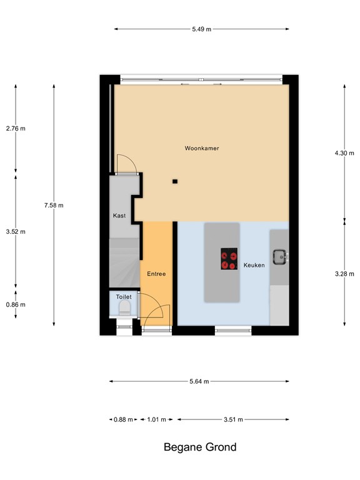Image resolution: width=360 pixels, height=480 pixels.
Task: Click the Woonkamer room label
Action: pos(201,148)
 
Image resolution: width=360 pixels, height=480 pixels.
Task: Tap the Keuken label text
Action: pos(254,265)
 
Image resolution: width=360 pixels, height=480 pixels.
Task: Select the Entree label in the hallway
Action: pos(156,274)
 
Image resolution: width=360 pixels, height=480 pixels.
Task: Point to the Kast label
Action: pos(119,216)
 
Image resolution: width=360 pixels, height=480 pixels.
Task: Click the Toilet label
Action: pos(124,296)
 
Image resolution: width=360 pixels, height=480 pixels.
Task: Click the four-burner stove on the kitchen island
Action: pos(229,259)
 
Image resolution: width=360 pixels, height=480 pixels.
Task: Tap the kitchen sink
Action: pos(279,256)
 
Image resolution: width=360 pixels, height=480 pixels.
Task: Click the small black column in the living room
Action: pos(175,181)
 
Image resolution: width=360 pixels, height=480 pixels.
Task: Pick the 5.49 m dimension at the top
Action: pos(201,28)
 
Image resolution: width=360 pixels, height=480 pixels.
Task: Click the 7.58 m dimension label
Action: pos(54,205)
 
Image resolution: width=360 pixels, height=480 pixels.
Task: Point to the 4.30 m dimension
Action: pos(344,152)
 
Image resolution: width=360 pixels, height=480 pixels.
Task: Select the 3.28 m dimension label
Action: pos(344,273)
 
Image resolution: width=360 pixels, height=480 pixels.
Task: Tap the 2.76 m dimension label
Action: pos(16,128)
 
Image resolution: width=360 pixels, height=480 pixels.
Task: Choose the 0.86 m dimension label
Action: pos(16,304)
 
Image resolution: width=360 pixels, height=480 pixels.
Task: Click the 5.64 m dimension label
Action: pos(199,381)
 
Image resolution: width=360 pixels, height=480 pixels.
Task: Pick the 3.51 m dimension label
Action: pos(233,419)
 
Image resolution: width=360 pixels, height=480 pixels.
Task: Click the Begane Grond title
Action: pos(200,447)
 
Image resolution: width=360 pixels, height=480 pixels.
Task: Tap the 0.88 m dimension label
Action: pos(123,419)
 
